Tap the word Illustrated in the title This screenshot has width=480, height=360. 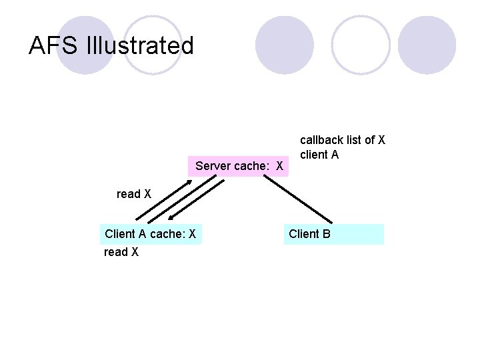tap(140, 45)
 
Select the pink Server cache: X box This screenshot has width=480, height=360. tap(239, 165)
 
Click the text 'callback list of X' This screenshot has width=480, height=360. tap(343, 140)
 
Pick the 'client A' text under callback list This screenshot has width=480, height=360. tap(320, 155)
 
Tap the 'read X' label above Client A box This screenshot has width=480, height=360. tap(134, 194)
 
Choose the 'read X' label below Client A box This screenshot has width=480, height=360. tap(121, 252)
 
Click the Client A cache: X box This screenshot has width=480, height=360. tap(150, 234)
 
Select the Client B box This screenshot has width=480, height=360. tap(334, 234)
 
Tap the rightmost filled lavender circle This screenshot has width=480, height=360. tap(427, 45)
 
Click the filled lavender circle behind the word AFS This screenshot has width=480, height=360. tap(85, 45)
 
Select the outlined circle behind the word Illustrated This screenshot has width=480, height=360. tap(153, 45)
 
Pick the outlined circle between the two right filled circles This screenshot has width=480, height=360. tap(361, 45)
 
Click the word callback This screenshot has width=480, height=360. tap(321, 140)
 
